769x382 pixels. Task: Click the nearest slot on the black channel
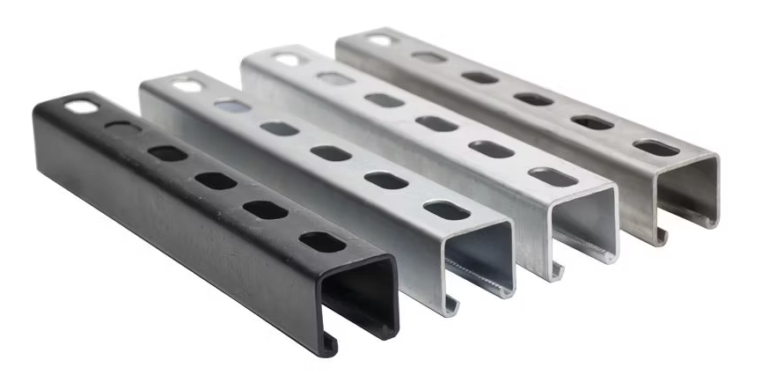[322, 241]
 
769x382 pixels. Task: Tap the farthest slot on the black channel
[82, 107]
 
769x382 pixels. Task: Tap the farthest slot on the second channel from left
[187, 86]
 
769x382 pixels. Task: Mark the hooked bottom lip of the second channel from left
[451, 305]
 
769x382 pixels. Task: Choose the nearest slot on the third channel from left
[553, 177]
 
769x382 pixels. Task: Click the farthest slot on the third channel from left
[287, 60]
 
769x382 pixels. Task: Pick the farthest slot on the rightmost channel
[380, 40]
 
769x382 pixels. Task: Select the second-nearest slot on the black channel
[266, 210]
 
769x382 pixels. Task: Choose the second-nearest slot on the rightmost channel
[592, 122]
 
